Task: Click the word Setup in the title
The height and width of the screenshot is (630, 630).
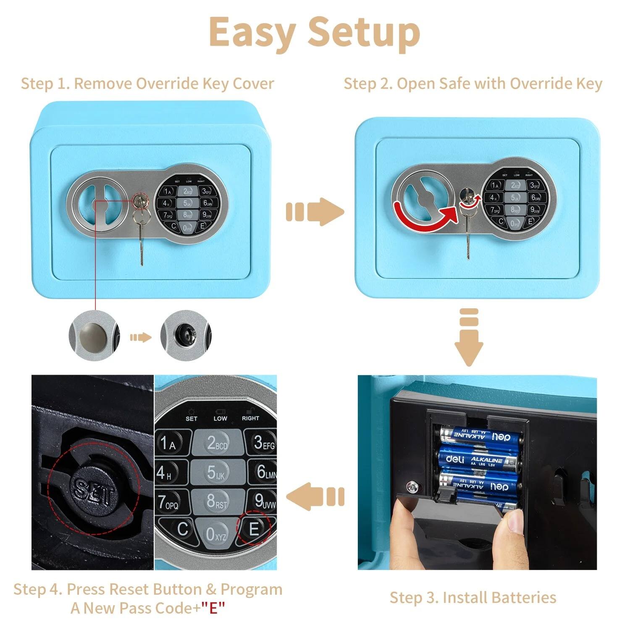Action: (364, 33)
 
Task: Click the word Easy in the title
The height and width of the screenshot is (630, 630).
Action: (252, 33)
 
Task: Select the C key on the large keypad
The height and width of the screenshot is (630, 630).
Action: (182, 529)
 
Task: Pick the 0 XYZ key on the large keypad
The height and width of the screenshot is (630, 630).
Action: (216, 533)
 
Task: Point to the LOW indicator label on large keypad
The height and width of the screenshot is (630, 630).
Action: (220, 418)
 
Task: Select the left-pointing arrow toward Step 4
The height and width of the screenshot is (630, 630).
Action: (315, 496)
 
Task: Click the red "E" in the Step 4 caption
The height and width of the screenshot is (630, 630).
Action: (213, 608)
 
